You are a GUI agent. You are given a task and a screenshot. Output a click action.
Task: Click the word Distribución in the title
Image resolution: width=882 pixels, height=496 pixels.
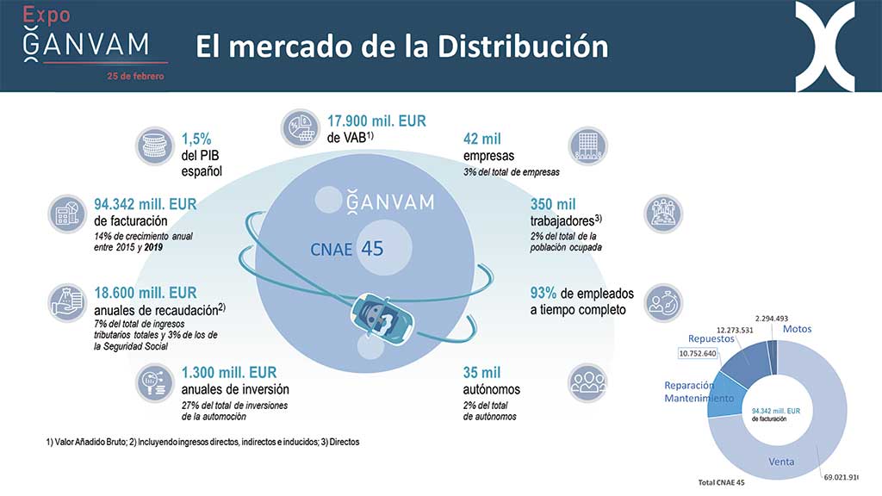[x=523, y=46]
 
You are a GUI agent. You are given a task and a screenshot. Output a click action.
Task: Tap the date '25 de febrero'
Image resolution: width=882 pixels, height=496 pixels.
[x=135, y=76]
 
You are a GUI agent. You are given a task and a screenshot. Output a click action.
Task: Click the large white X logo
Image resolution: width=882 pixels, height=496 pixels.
[x=825, y=46]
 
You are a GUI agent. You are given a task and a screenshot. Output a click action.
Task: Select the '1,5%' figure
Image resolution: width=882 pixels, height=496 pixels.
[x=196, y=139]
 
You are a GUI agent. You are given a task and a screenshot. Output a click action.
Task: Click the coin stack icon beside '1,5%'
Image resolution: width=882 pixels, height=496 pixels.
[x=155, y=146]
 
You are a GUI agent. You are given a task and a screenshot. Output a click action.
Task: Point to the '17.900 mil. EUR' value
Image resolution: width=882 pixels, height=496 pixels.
[x=376, y=121]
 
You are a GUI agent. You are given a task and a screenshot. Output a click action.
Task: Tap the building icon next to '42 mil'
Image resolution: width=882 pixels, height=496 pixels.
[x=587, y=146]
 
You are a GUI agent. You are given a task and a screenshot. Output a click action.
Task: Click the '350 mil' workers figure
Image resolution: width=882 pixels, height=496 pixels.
[x=553, y=204]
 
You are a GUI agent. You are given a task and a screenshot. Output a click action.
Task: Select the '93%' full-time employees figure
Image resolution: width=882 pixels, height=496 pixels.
[x=543, y=293]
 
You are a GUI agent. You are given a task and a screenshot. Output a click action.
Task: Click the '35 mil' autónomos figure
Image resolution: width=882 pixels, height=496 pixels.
[x=481, y=372]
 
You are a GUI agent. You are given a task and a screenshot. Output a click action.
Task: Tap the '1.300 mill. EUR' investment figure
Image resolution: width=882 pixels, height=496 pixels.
[x=229, y=372]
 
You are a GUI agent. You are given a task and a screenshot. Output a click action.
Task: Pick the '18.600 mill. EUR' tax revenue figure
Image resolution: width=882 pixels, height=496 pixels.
[x=145, y=293]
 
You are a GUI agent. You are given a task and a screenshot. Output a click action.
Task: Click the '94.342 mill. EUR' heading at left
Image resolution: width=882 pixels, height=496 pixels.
[x=145, y=204]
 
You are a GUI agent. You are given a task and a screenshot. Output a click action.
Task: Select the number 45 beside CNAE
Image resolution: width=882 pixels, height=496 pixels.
[x=372, y=249]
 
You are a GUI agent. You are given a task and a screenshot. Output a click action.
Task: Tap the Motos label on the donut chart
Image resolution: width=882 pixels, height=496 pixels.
[x=797, y=329]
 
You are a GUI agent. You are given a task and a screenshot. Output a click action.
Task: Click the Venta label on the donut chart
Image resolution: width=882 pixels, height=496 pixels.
[x=781, y=462]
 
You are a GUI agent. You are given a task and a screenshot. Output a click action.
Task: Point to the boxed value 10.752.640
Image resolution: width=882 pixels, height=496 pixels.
[x=698, y=353]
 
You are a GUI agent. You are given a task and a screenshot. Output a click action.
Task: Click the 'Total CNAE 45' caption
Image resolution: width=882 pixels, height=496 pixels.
[x=721, y=482]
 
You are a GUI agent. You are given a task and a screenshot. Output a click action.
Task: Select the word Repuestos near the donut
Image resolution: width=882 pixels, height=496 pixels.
[x=711, y=338]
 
